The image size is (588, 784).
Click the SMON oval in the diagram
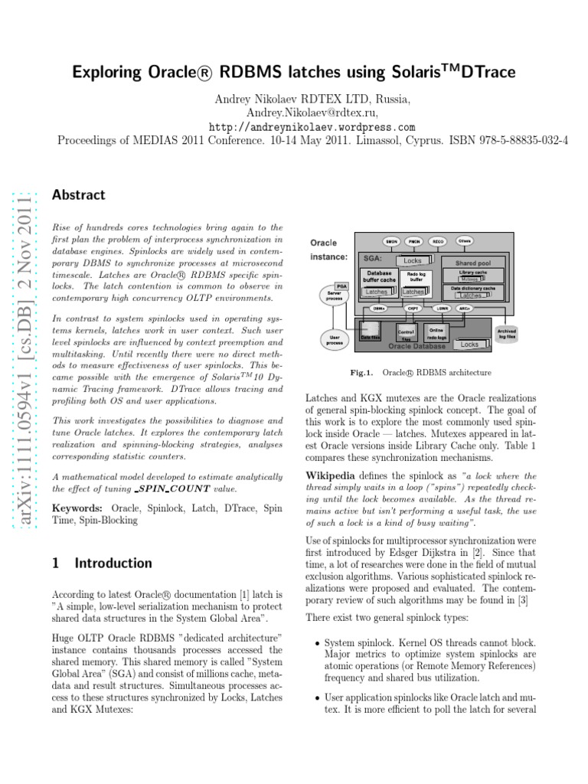coord(390,241)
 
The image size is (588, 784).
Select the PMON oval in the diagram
coord(414,241)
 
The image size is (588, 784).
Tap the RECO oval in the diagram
coord(439,241)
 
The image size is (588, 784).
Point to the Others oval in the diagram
coord(464,240)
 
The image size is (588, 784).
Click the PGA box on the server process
coord(341,285)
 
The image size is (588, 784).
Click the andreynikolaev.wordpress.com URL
coord(312,127)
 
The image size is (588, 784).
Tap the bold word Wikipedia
coord(333,475)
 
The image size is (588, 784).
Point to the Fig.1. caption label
coord(361,373)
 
